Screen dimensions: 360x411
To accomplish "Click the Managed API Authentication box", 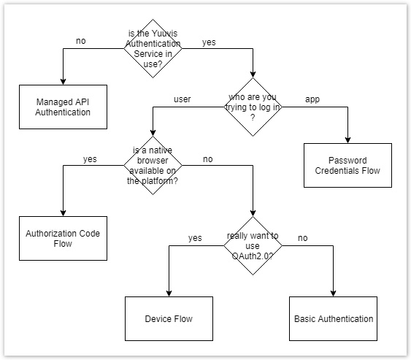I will tap(63, 106).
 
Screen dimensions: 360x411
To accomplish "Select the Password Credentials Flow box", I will tap(347, 165).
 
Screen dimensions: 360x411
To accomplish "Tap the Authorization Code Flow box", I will tap(63, 239).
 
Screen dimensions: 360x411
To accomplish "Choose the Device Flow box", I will tap(169, 318).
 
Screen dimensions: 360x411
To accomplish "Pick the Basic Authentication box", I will tap(334, 318).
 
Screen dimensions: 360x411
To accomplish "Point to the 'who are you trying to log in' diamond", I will tap(252, 107).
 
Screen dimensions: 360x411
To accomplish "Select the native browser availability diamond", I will tap(153, 166).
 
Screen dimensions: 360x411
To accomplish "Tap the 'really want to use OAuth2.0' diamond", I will tap(252, 245).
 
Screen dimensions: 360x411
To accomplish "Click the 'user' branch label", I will tap(183, 99).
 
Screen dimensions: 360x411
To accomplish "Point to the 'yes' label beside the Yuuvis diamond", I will tap(208, 42).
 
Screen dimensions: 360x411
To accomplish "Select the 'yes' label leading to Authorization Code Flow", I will tap(90, 158).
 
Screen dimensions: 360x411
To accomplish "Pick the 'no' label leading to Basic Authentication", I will tap(302, 237).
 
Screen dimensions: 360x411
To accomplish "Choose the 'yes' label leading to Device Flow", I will tap(195, 237).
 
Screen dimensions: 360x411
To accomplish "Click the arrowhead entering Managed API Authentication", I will tap(63, 80).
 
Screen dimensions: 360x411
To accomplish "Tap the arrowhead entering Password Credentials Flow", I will tap(347, 139).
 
